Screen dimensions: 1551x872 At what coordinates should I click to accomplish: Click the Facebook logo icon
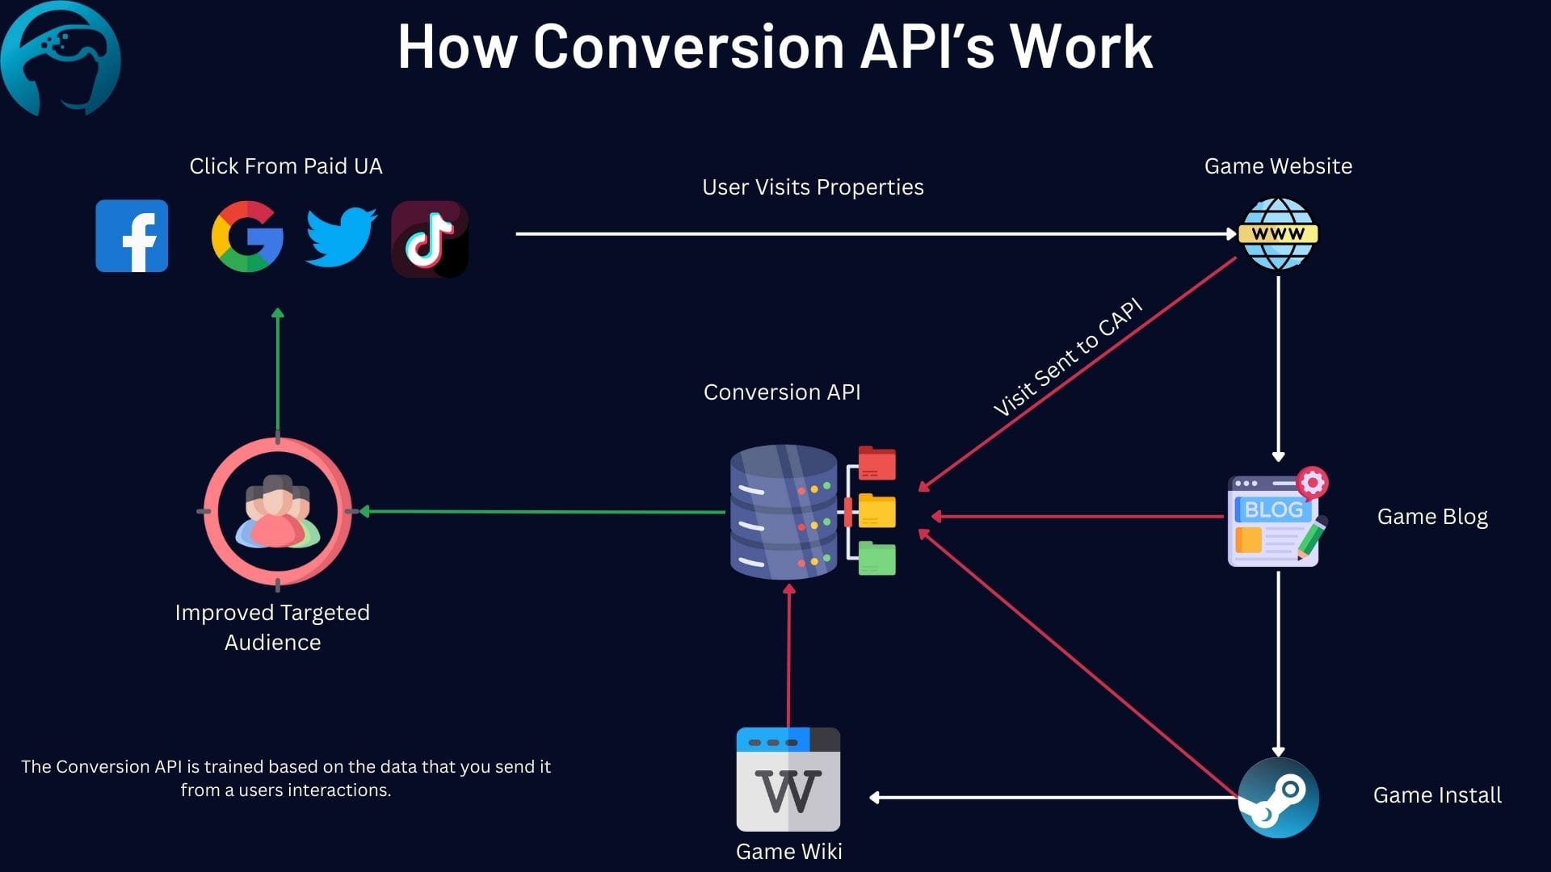coord(132,236)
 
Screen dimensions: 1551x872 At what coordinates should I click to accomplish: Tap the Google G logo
coord(247,236)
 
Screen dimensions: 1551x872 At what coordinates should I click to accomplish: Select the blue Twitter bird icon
coord(341,237)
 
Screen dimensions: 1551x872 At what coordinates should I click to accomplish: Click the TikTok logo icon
coord(430,239)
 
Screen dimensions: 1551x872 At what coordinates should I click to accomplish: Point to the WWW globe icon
coord(1278,234)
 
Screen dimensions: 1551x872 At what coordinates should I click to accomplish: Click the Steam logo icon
coord(1278,798)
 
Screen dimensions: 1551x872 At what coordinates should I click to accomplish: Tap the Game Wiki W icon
coord(788,779)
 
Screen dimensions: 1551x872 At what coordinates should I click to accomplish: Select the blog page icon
coord(1277,517)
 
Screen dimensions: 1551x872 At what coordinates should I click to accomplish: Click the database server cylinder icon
coord(784,512)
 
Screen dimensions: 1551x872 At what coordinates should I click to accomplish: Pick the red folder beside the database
coord(877,463)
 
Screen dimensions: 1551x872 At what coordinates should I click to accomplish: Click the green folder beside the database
coord(877,559)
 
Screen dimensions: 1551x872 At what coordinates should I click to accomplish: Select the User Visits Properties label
coord(813,187)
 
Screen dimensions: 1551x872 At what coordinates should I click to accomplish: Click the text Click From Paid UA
coord(286,166)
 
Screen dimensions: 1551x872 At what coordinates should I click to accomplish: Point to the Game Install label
coord(1437,795)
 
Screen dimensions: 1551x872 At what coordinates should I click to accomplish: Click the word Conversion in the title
coord(689,46)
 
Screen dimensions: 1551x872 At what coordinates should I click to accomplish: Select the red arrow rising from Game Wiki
coord(789,655)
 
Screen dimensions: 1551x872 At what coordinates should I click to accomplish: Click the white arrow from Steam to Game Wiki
coord(1053,798)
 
